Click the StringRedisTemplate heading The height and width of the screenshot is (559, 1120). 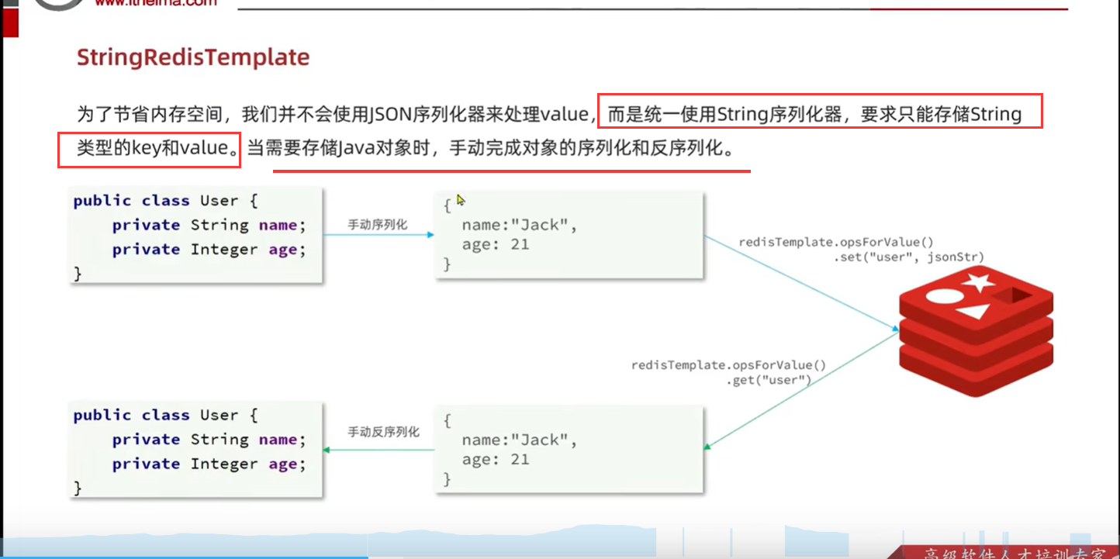pos(193,57)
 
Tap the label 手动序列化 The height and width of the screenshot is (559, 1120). pos(377,225)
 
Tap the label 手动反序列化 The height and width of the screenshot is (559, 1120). pos(383,432)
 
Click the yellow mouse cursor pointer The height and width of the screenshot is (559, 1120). pos(460,200)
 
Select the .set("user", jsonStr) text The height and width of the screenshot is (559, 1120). pos(909,257)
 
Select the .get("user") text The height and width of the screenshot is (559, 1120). pos(768,380)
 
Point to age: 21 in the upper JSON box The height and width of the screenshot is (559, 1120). pos(495,245)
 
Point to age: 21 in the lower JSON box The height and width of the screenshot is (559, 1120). pos(495,459)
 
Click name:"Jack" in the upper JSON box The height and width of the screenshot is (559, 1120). pos(520,226)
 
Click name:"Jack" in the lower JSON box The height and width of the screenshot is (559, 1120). pos(520,440)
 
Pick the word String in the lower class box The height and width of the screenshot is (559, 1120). pos(219,440)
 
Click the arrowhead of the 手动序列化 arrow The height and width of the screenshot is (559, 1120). pos(430,234)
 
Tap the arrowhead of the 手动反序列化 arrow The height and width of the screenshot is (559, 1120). pos(327,450)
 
